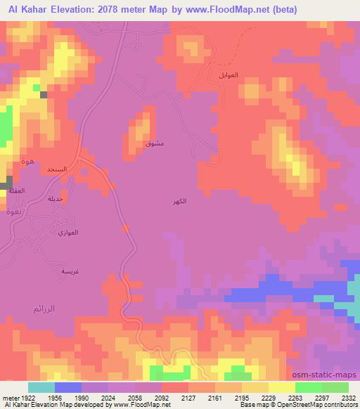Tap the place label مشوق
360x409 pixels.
pos(154,143)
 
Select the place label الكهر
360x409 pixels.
pos(179,202)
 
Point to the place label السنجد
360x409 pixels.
pos(56,170)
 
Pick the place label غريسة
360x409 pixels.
pos(70,271)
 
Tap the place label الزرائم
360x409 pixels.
pos(44,308)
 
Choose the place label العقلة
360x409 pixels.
pos(16,190)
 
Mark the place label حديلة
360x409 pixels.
pos(54,199)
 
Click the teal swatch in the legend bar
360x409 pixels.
pos(41,387)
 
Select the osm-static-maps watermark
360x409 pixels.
pos(330,375)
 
